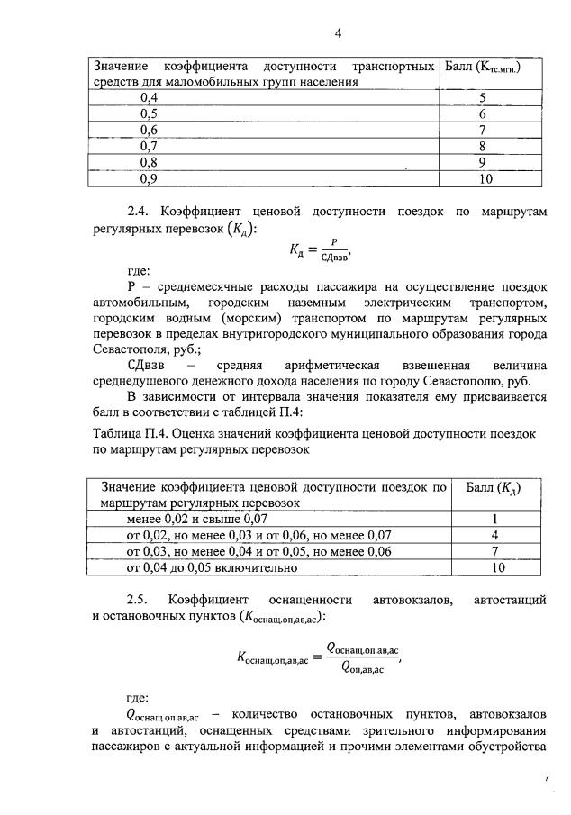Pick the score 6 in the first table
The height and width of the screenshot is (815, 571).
pyautogui.click(x=483, y=114)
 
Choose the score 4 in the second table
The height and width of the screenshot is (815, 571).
pyautogui.click(x=495, y=535)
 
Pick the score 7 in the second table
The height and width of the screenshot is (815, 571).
pyautogui.click(x=495, y=551)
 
